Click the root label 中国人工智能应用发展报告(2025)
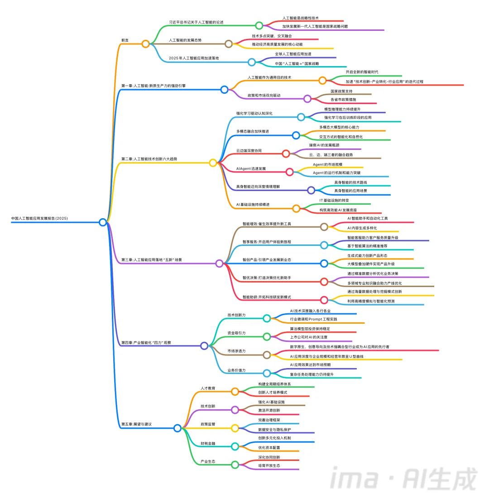[39, 219]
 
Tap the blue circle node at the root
[103, 222]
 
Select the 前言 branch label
[125, 40]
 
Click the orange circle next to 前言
[145, 44]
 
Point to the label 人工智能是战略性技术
[301, 18]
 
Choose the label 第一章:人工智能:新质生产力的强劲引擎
[153, 86]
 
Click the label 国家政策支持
[341, 91]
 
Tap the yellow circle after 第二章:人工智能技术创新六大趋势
[213, 163]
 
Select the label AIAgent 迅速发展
[251, 168]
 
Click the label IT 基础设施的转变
[334, 200]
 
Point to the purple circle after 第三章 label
[220, 263]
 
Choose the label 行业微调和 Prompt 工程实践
[313, 319]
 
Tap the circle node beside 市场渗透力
[267, 355]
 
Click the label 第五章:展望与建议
[136, 424]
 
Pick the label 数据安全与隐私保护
[274, 429]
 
